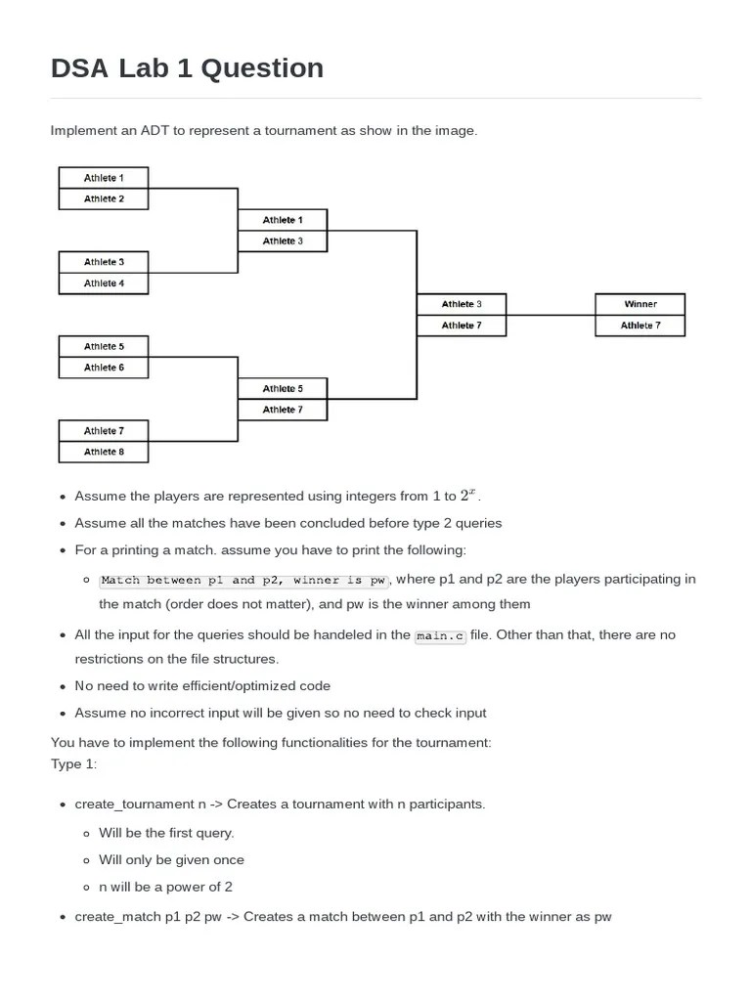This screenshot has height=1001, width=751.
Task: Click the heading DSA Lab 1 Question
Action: pos(187,67)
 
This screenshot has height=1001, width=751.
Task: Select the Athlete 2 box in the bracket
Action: pos(104,198)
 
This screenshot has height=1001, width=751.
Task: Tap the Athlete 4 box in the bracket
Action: pos(104,283)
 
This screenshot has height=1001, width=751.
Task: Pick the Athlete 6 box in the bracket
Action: pos(104,368)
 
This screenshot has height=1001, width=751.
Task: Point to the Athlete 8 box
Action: pos(104,452)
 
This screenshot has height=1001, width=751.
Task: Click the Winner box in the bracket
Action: pos(640,304)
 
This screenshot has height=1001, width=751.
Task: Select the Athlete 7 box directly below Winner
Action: pos(640,326)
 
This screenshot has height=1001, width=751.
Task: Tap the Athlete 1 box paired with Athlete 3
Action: pos(283,220)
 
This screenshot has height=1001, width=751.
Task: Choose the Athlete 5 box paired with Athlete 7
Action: pos(283,389)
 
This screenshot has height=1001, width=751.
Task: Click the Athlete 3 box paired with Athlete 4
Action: pos(104,262)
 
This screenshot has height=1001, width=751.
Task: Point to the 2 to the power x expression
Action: pos(469,495)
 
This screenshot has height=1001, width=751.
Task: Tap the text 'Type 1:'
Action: pos(74,763)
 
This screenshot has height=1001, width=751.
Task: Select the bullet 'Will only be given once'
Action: pos(171,860)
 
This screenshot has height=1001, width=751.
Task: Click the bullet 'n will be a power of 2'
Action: pos(165,888)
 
